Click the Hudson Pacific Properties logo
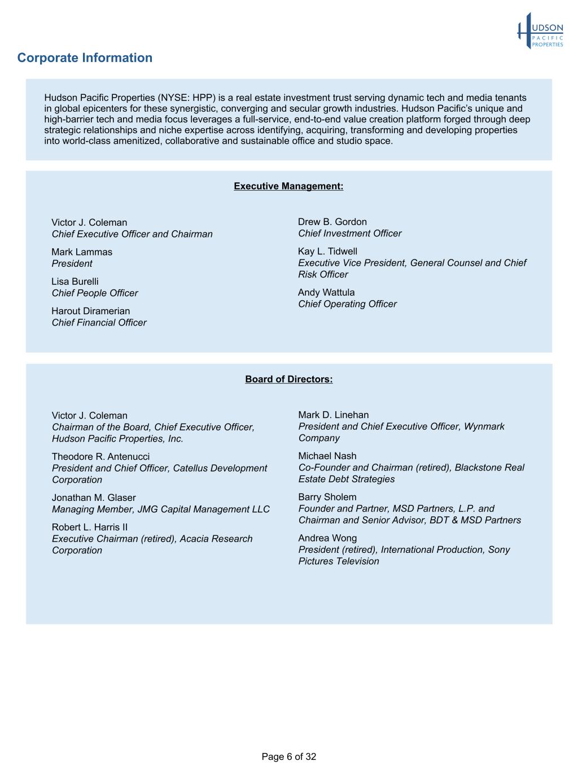pos(540,32)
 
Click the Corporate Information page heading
pos(85,58)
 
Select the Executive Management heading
pos(288,186)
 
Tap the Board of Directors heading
pos(288,379)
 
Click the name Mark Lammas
pos(82,252)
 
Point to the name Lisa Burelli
pos(75,281)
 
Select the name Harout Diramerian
pos(91,311)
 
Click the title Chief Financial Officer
pos(99,323)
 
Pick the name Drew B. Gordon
pos(332,222)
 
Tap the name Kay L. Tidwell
pos(327,251)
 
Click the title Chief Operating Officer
pos(347,304)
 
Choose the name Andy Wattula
pos(326,292)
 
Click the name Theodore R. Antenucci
pos(101,456)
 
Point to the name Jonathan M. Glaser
pos(94,498)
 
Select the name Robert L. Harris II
pos(90,527)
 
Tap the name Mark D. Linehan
pos(334,415)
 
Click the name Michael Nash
pos(327,456)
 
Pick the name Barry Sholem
pos(327,497)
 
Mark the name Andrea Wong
pos(327,538)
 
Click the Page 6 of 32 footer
pos(288,756)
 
